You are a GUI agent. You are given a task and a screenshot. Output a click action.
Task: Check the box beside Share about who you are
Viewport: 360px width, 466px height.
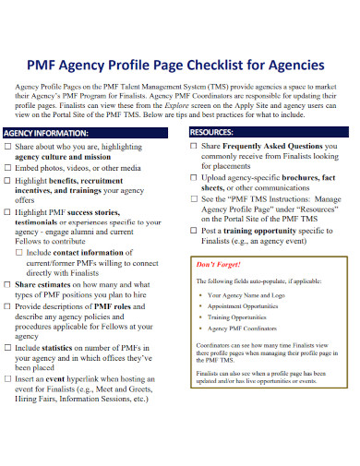[9, 146]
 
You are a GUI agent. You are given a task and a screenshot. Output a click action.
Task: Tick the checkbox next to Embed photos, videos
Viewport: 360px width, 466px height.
[9, 169]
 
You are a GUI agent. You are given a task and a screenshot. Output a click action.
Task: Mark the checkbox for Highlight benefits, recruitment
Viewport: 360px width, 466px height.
[9, 182]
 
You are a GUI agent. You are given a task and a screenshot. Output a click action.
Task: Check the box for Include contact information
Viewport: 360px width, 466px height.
[21, 251]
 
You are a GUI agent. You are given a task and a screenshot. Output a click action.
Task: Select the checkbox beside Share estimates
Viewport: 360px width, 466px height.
[9, 285]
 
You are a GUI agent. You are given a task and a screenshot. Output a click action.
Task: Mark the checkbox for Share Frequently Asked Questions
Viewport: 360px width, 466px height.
[194, 146]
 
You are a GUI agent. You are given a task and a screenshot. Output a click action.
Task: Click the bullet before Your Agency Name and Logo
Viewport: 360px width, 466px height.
[202, 296]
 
